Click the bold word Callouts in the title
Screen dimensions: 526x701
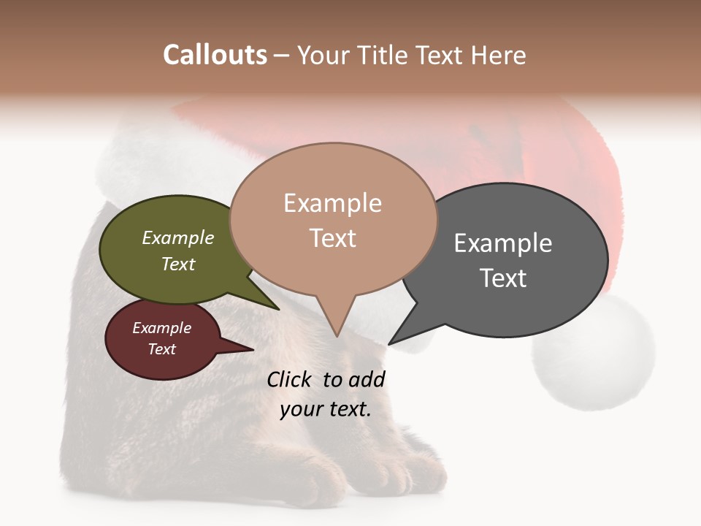215,55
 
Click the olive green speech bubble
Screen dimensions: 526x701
164,278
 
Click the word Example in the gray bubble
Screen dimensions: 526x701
502,243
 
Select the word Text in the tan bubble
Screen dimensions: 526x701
333,238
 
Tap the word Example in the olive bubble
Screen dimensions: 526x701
177,238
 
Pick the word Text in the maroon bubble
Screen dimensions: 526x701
162,349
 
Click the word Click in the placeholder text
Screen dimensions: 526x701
290,379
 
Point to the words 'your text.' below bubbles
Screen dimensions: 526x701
326,408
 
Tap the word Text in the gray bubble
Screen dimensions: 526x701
503,278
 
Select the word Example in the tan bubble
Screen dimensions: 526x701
332,203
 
